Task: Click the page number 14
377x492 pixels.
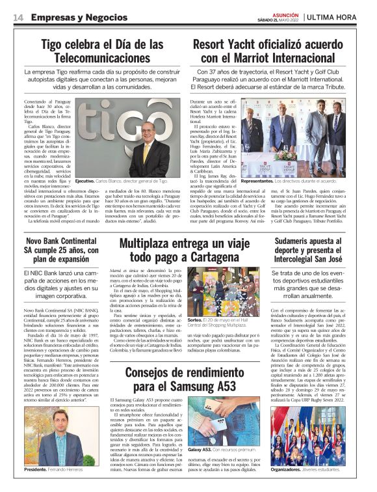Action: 18,16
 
